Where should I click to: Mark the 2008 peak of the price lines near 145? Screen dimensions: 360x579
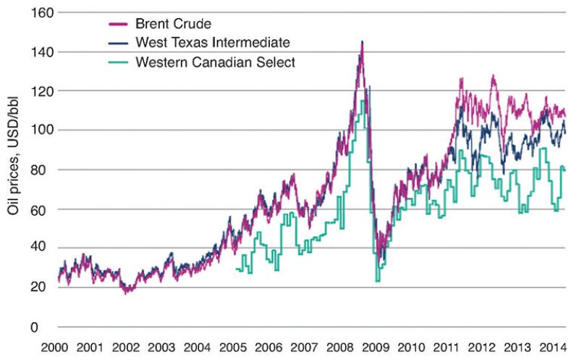pyautogui.click(x=362, y=42)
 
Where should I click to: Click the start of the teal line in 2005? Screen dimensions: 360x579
pyautogui.click(x=237, y=269)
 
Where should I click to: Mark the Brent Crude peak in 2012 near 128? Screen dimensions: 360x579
pyautogui.click(x=493, y=75)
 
